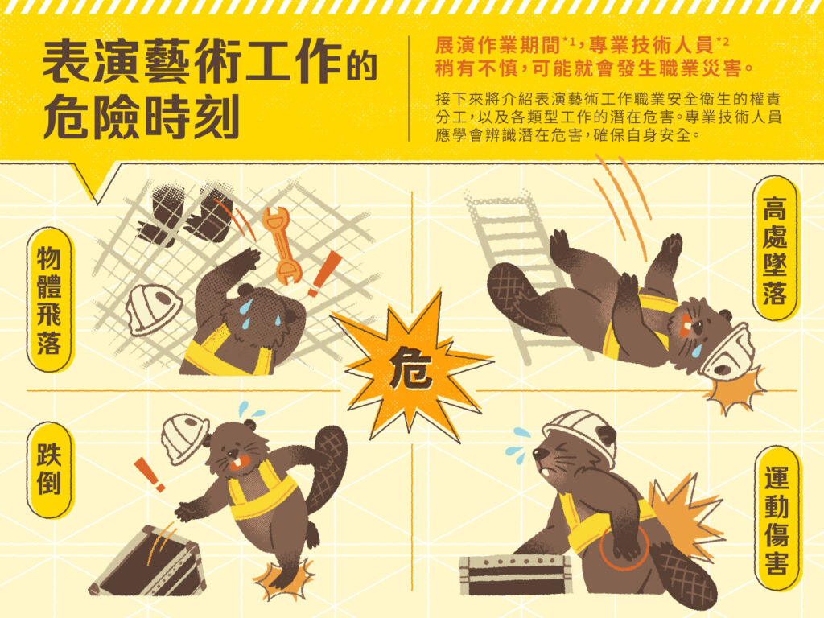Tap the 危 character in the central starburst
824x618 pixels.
(411, 367)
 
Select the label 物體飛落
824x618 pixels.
(49, 299)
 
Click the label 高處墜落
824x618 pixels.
(775, 250)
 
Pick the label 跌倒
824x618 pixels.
(49, 469)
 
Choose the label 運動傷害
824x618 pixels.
(776, 521)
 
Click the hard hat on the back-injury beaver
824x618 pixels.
(583, 432)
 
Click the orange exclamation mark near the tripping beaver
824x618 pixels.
(149, 474)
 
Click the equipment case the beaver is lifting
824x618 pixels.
(515, 575)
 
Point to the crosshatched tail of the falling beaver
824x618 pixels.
(511, 292)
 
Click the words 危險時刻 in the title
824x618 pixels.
(141, 117)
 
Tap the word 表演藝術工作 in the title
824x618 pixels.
(192, 63)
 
